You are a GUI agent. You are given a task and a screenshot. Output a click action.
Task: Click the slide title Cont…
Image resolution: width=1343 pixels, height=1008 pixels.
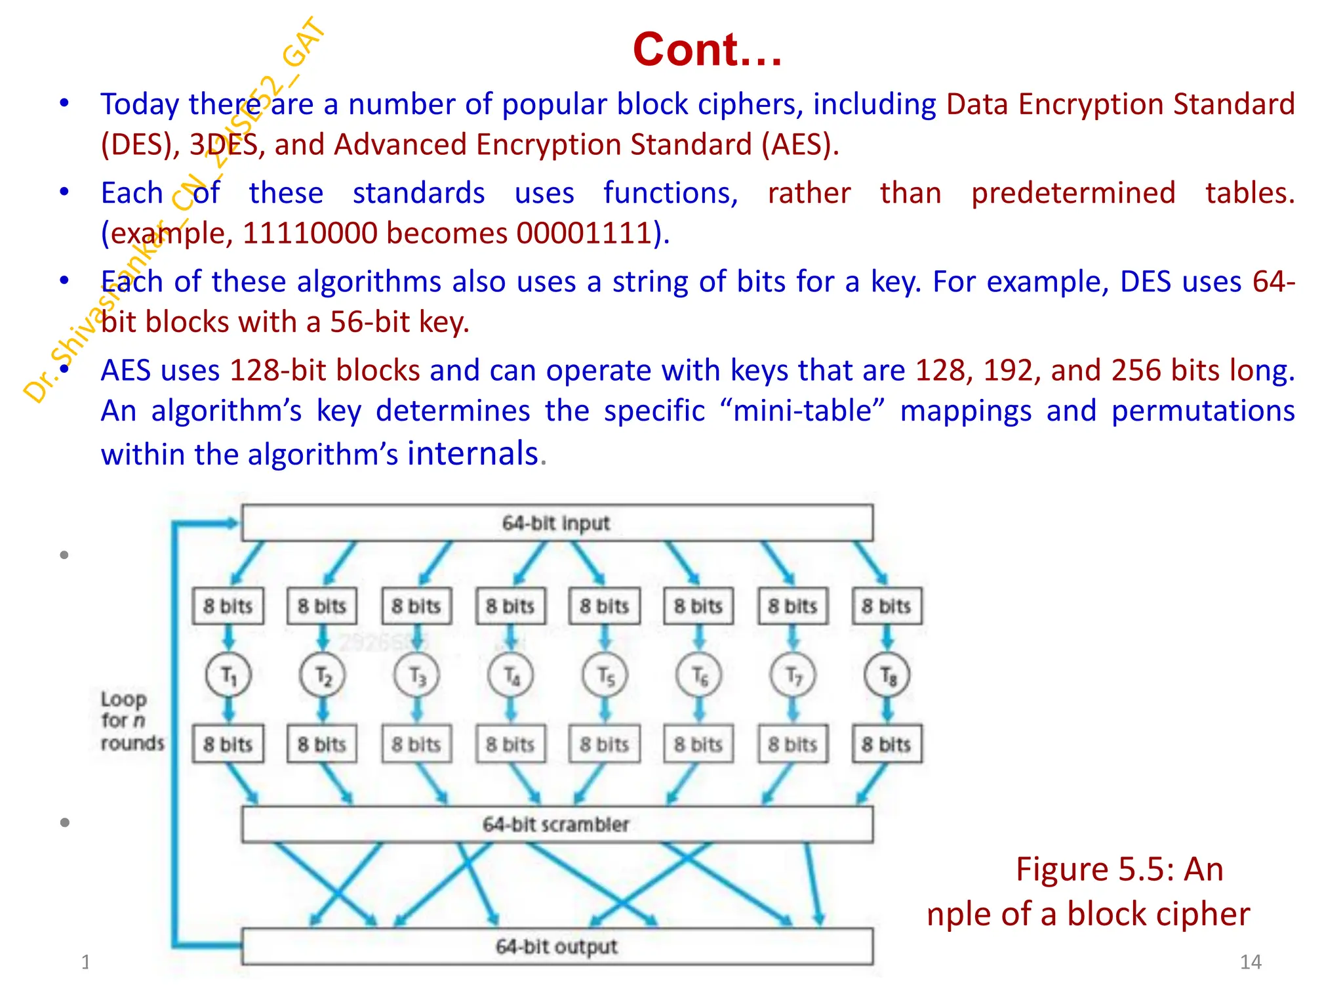707,50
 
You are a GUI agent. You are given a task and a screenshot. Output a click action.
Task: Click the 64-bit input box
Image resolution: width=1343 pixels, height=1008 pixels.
557,523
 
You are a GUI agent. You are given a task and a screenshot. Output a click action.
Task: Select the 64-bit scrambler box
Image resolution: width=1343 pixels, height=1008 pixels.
557,824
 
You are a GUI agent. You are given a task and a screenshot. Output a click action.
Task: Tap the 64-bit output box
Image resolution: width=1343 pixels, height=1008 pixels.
557,947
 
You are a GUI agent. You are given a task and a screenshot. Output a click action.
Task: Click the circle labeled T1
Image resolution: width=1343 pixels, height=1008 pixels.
228,675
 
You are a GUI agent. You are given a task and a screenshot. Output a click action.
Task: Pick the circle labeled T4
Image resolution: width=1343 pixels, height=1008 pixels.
511,675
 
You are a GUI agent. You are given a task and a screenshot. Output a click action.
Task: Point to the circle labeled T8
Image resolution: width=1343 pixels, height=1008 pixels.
887,675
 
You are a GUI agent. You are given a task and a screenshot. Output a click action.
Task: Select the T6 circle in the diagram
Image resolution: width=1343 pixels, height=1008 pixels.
699,675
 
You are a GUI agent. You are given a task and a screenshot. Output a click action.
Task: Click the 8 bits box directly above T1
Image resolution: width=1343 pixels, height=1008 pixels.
228,606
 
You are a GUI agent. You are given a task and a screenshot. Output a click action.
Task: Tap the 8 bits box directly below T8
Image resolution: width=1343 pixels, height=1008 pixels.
887,744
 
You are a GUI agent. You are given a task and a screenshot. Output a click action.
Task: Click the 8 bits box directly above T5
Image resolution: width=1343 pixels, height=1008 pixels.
605,606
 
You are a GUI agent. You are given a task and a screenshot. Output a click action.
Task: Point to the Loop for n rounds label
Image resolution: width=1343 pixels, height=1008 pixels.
131,721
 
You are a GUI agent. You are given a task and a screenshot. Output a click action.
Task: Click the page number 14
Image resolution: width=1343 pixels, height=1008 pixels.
1251,962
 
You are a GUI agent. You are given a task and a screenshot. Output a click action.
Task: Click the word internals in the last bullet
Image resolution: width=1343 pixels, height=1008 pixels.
473,453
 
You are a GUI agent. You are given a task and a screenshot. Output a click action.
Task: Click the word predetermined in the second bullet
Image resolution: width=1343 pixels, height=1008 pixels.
1073,193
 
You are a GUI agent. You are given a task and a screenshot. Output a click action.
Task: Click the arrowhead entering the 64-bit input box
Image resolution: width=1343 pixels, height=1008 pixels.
231,523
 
